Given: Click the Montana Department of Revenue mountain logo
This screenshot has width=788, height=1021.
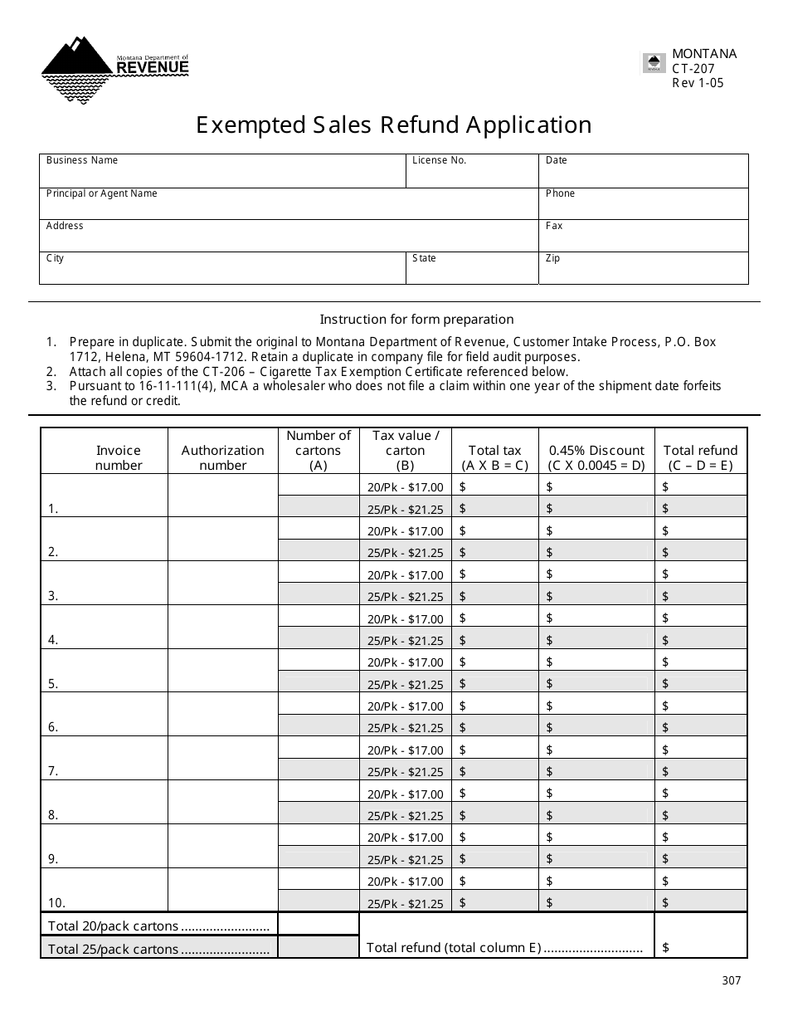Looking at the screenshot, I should click(x=114, y=69).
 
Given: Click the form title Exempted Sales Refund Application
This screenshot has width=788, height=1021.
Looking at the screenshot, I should click(x=394, y=125).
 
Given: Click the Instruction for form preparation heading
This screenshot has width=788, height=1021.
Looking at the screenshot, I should click(x=416, y=320).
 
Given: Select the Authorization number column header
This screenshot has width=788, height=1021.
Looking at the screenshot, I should click(x=222, y=457).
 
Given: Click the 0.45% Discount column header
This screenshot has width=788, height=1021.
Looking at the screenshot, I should click(x=596, y=457).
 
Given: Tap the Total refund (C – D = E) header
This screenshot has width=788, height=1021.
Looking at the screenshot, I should click(x=700, y=457).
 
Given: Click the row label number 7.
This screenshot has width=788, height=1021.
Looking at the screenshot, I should click(x=53, y=771).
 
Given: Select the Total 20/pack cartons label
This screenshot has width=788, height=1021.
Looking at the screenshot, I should click(x=158, y=926).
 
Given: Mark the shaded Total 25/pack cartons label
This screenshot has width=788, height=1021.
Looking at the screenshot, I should click(x=158, y=949).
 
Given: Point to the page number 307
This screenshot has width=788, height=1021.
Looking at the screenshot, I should click(x=731, y=980).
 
